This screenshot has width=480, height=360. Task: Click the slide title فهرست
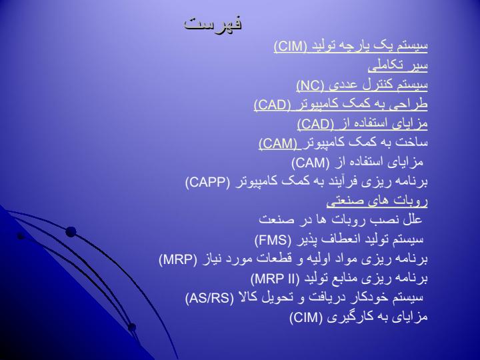[x=213, y=23]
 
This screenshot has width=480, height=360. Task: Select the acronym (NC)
[x=311, y=85]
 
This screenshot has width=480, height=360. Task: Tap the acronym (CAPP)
[x=207, y=182]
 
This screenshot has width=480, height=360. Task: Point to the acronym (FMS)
[x=273, y=240]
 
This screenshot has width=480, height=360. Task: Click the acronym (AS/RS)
[x=209, y=298]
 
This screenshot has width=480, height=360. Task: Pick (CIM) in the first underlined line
[x=291, y=47]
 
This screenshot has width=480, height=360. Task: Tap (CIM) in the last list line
[x=306, y=317]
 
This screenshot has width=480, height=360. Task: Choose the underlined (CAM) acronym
[x=278, y=143]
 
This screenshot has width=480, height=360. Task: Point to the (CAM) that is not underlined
[x=311, y=163]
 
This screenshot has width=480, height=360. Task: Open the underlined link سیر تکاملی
[x=397, y=66]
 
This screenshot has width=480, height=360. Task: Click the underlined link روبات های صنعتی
[x=377, y=201]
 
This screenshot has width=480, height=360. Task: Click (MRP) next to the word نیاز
[x=178, y=259]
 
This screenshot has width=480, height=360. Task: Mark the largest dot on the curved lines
[x=71, y=232]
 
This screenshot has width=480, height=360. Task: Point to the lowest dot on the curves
[x=131, y=327]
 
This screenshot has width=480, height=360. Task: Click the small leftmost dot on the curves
[x=21, y=236]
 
